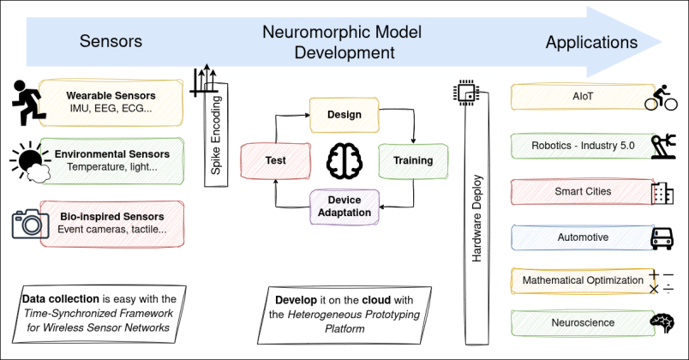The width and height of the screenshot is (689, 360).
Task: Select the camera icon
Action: click(x=30, y=223)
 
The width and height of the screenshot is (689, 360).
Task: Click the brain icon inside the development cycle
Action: click(x=344, y=160)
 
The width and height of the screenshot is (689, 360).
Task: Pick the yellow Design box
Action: click(x=344, y=114)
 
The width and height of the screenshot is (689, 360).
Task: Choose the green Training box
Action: click(x=412, y=160)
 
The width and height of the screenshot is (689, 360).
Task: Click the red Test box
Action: click(x=276, y=160)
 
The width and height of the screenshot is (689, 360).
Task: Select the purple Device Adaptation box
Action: click(x=344, y=207)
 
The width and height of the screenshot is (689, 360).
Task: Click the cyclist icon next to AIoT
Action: click(x=661, y=98)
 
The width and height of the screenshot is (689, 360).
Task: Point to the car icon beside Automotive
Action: click(x=662, y=238)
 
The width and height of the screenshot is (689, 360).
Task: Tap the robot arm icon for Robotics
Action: click(x=662, y=145)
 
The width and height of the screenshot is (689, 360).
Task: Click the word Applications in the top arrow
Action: click(x=591, y=42)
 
